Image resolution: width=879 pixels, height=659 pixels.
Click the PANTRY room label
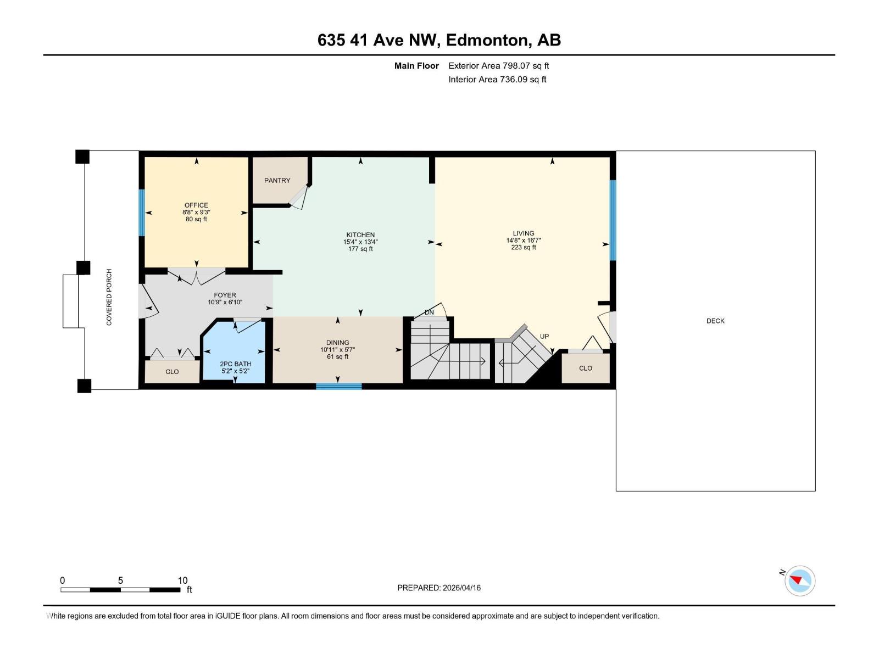[x=277, y=181]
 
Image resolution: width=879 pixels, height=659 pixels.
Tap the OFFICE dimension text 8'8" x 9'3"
[x=196, y=212]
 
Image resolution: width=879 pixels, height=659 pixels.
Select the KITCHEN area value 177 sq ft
[x=360, y=249]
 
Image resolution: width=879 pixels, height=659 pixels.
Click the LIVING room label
[x=523, y=233]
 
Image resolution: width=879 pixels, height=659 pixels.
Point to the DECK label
[x=715, y=321]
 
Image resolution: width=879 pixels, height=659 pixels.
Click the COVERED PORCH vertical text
[x=109, y=297]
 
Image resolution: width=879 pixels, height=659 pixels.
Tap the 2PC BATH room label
[x=235, y=364]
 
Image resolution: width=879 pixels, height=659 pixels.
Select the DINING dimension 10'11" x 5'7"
[x=337, y=350]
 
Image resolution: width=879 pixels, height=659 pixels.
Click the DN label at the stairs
[x=429, y=312]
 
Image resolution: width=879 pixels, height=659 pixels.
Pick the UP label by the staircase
[x=544, y=337]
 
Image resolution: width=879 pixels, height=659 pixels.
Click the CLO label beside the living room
[x=585, y=368]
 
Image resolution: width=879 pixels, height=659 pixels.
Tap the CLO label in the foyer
[x=172, y=372]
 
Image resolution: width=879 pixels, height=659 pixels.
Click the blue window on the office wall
[x=142, y=213]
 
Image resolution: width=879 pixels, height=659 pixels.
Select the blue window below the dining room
[x=338, y=387]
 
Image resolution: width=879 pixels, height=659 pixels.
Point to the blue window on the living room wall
[x=613, y=220]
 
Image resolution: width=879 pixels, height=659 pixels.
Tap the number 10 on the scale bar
[x=182, y=580]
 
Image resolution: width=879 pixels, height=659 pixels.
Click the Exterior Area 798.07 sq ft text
[x=498, y=66]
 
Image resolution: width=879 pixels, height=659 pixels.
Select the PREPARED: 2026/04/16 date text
[x=439, y=588]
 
